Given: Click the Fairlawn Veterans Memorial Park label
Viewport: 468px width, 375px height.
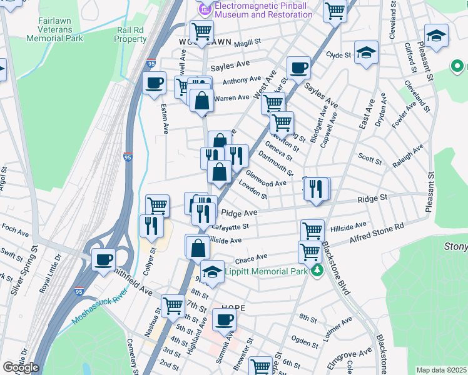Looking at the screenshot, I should point(55,29).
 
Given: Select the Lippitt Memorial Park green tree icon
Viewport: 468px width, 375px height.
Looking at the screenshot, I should point(318,271).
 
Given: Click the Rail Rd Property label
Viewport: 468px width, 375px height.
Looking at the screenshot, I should point(130,34).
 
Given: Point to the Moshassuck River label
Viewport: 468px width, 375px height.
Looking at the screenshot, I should point(99,306).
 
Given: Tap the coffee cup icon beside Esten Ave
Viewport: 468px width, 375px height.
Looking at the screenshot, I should point(154,82).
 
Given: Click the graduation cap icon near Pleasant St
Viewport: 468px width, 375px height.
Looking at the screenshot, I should point(436,35).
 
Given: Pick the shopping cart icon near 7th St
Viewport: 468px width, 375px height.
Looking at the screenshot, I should point(173,306).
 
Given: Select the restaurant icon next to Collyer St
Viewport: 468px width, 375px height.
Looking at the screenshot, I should point(151,225).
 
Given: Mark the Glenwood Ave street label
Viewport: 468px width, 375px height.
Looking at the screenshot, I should point(266,179).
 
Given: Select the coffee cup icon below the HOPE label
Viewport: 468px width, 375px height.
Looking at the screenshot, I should point(224,320).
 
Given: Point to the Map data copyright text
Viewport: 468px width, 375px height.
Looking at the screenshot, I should point(441,370).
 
